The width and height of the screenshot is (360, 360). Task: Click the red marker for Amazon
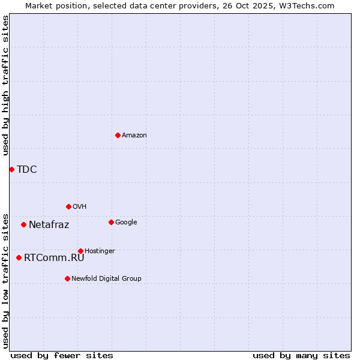coord(118,135)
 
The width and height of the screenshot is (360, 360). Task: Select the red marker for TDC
coord(11,169)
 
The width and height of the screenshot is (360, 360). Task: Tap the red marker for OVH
coord(68,206)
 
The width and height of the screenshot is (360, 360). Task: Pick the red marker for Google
coord(111,222)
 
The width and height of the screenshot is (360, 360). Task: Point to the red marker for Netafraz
coord(23,224)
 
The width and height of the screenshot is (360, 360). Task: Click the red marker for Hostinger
coord(80,251)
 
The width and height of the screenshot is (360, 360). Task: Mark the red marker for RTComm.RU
coord(19,257)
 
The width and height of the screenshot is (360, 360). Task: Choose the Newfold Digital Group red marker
coord(67,278)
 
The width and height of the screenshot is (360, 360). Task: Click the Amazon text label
coord(134,136)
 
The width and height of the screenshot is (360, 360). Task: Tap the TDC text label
coord(27,170)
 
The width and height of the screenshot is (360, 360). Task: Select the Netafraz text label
coord(49,225)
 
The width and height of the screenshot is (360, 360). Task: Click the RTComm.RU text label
coord(54,258)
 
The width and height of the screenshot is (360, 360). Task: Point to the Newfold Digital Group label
coord(107,278)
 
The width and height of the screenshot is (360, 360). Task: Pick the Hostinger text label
coord(100,251)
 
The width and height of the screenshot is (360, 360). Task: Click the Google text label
coord(126,222)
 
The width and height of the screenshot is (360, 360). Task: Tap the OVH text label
coord(80,206)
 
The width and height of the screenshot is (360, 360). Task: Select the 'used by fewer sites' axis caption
coord(62,355)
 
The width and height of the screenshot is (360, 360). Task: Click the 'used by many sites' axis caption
coord(301,355)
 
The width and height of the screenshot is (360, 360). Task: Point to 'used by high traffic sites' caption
coord(6,85)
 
